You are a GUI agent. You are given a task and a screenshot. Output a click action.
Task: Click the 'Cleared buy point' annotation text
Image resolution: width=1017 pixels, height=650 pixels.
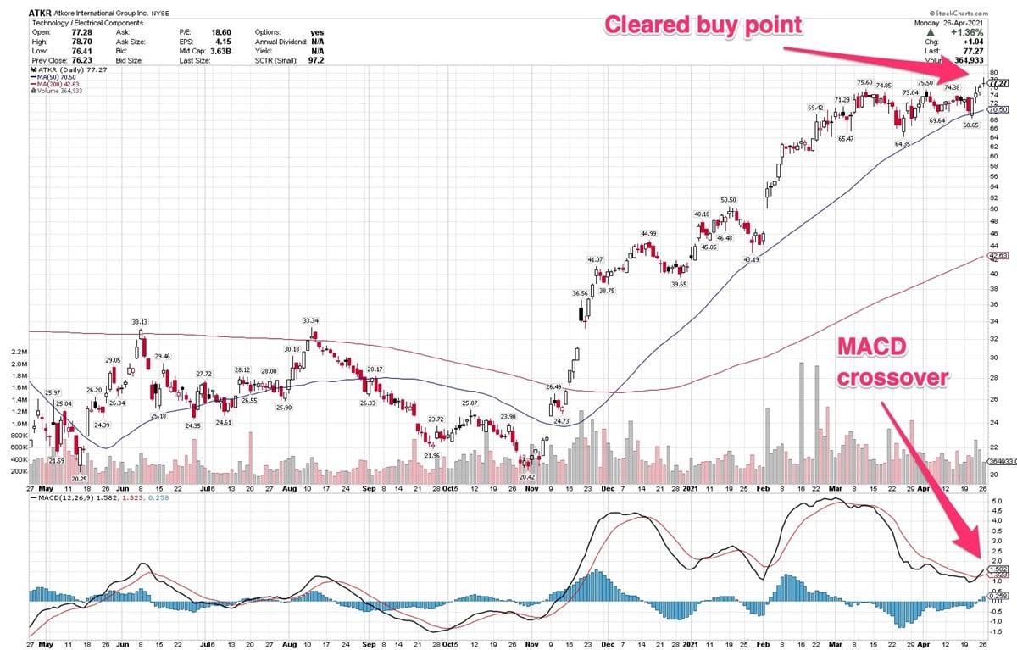pyautogui.click(x=702, y=25)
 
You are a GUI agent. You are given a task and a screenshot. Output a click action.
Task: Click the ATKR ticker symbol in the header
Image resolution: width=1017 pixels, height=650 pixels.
pyautogui.click(x=39, y=13)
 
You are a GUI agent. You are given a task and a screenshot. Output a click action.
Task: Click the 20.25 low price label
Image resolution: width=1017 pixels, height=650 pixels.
pyautogui.click(x=79, y=478)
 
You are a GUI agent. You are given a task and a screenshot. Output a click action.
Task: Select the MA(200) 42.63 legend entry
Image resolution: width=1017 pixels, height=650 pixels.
pyautogui.click(x=58, y=85)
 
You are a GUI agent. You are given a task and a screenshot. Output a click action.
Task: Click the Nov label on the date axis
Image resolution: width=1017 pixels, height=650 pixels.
pyautogui.click(x=531, y=489)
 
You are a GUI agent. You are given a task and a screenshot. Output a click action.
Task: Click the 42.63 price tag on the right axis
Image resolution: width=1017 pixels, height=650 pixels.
pyautogui.click(x=999, y=255)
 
